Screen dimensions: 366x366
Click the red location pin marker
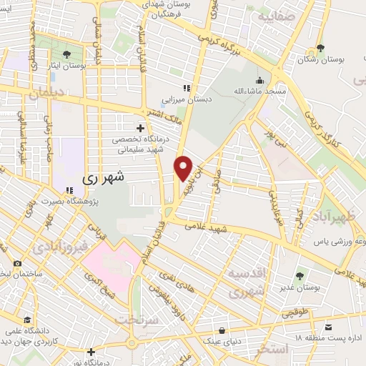tap(184, 168)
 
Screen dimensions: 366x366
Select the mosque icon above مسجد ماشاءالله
tap(259, 80)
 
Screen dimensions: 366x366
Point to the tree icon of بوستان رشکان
tap(320, 48)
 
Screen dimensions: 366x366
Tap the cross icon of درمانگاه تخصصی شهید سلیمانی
tap(140, 127)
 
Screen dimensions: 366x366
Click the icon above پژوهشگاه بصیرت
tap(69, 190)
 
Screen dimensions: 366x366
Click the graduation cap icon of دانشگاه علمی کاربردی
tap(27, 320)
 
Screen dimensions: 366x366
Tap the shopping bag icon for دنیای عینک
tap(224, 330)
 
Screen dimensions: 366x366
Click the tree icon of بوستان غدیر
tap(299, 274)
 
